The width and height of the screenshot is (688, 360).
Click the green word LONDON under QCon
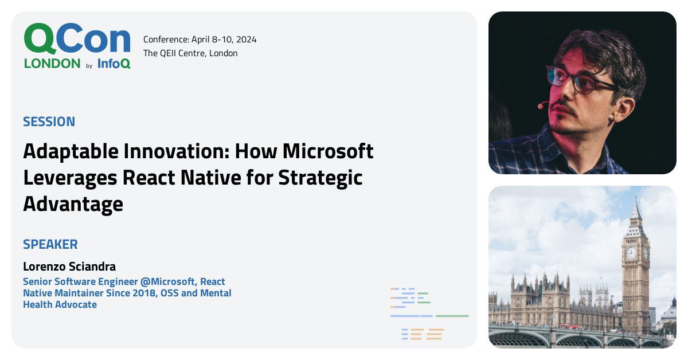pos(52,64)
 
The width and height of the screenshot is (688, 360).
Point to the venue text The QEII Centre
pos(174,53)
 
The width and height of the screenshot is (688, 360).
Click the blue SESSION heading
pos(49,122)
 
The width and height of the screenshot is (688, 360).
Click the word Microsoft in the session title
pos(328,151)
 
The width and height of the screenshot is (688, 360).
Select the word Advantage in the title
pos(73,204)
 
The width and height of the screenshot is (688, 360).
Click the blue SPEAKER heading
pos(50,244)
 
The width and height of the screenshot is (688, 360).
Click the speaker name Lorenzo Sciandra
pos(69,267)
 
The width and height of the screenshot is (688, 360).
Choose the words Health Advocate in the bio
pos(60,304)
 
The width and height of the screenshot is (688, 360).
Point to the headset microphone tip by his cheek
pos(540,105)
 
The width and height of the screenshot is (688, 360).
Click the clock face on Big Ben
pos(631,253)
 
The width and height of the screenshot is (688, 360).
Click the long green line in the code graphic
pos(452,316)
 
